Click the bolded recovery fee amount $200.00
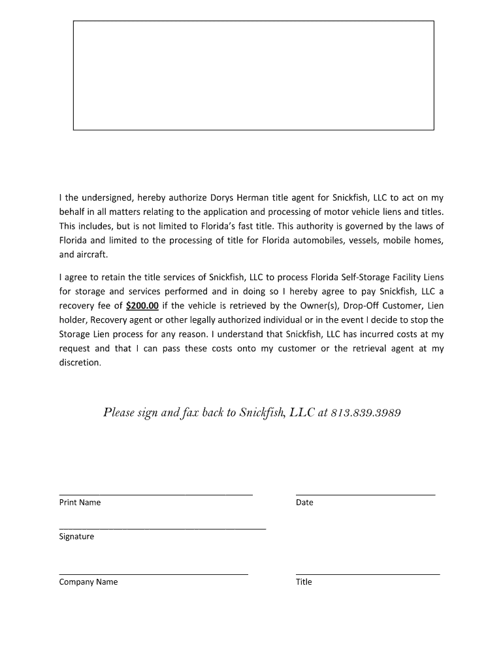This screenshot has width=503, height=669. click(142, 305)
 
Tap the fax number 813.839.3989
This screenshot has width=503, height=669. click(366, 413)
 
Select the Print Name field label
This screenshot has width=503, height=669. click(80, 502)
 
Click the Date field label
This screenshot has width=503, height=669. click(304, 502)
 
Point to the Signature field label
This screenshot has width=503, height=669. click(76, 536)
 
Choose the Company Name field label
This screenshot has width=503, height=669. click(88, 582)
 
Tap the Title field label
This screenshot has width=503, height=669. click(304, 582)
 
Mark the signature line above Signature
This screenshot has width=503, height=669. click(162, 528)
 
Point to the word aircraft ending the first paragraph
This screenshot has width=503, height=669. click(91, 255)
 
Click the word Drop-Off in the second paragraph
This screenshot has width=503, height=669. click(359, 305)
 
